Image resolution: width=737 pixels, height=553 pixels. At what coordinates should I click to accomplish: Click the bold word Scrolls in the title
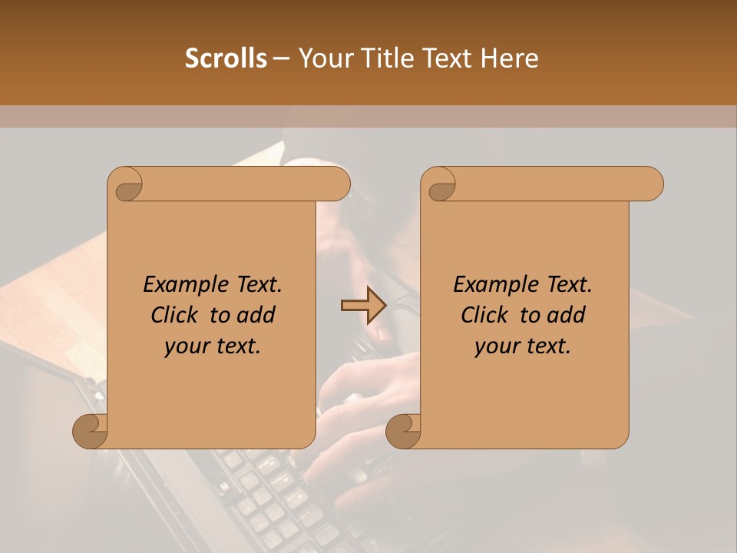tap(226, 58)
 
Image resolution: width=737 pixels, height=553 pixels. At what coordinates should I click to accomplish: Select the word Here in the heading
tap(512, 58)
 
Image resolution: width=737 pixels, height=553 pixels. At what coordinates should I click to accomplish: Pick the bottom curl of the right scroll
tap(404, 430)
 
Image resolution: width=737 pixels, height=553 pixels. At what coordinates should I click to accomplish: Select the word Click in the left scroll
tap(175, 315)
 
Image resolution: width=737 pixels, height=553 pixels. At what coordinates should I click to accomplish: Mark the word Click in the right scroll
tap(485, 315)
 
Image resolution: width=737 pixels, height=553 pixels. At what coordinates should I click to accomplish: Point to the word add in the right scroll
tap(565, 315)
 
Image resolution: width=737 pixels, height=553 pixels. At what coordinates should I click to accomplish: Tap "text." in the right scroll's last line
tap(548, 346)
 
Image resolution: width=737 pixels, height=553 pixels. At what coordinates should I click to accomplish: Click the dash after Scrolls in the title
tap(281, 58)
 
